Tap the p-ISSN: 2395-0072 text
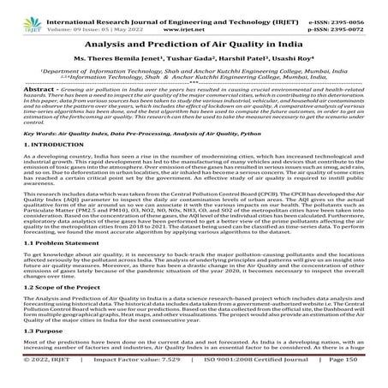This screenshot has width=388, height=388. (347, 15)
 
